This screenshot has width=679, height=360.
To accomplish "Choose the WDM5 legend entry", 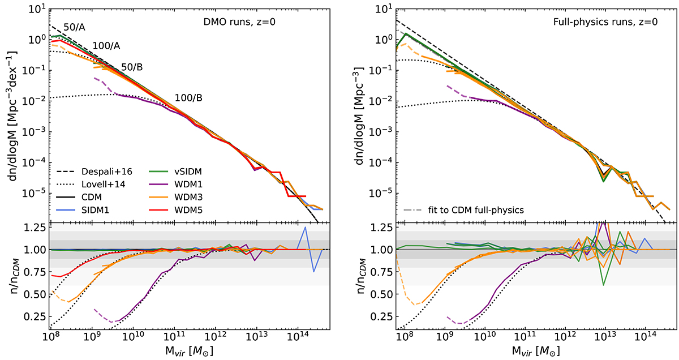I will (x=169, y=209).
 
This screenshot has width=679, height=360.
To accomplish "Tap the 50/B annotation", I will (x=132, y=67).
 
